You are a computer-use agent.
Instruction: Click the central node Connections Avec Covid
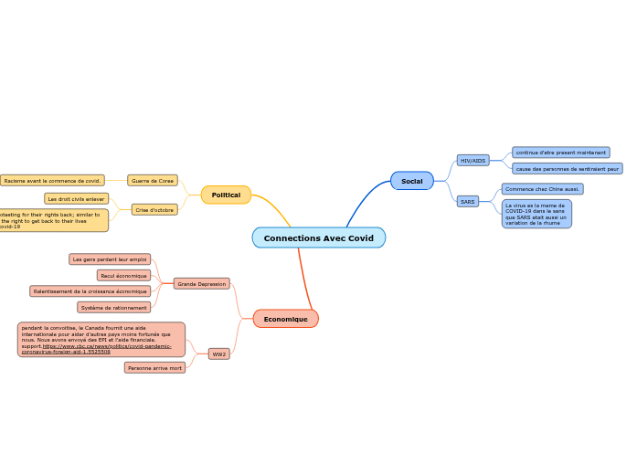[x=318, y=237]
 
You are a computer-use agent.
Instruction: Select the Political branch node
[x=226, y=195]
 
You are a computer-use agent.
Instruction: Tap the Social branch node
[x=411, y=181]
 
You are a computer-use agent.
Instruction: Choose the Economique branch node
[x=285, y=319]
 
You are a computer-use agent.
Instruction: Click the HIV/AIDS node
[x=472, y=161]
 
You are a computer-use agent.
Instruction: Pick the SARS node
[x=467, y=201]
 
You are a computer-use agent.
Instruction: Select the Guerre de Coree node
[x=153, y=181]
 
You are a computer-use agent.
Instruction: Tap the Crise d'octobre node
[x=154, y=210]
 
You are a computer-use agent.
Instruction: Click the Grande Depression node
[x=201, y=284]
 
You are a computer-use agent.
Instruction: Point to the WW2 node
[x=219, y=354]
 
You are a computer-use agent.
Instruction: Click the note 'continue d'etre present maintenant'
[x=560, y=153]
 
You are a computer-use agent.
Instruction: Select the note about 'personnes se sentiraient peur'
[x=567, y=169]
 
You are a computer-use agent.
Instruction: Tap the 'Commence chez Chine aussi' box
[x=542, y=189]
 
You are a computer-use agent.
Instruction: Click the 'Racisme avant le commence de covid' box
[x=52, y=181]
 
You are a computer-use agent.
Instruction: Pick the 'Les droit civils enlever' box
[x=77, y=198]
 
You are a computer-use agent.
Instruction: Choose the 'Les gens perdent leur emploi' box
[x=110, y=259]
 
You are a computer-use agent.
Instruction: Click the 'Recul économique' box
[x=123, y=275]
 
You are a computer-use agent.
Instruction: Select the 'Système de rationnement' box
[x=113, y=308]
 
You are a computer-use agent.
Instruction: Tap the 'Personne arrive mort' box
[x=154, y=368]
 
